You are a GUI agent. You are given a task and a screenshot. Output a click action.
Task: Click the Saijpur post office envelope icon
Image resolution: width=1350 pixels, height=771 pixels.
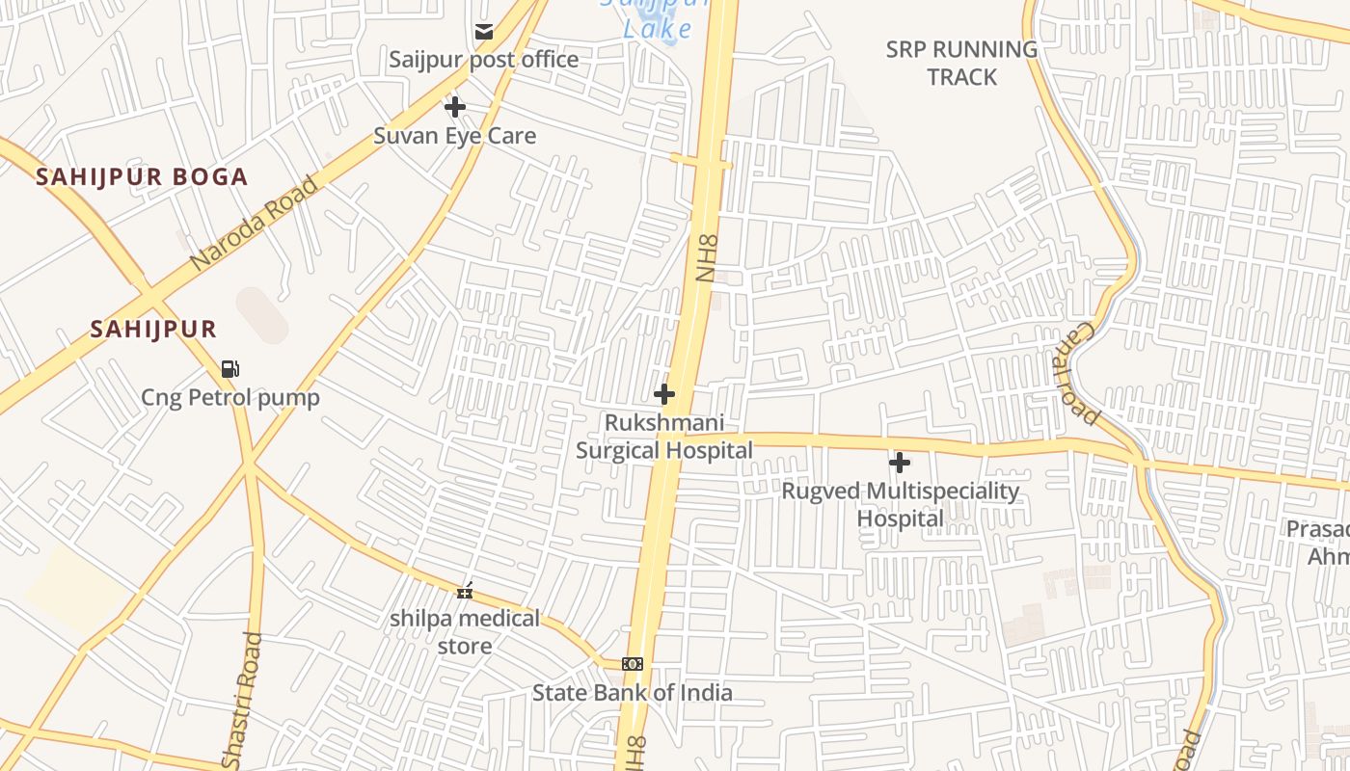click(484, 32)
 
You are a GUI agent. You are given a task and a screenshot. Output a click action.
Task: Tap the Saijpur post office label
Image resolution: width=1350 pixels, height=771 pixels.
click(484, 60)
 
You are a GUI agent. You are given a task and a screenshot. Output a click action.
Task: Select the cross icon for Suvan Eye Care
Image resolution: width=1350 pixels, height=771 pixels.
click(455, 106)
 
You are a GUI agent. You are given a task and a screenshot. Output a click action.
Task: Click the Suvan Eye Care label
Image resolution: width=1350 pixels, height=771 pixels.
click(454, 136)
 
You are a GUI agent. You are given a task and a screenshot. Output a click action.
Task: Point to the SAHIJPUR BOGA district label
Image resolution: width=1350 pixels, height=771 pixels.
click(142, 177)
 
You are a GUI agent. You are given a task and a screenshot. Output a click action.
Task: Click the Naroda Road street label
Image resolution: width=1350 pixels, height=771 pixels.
click(254, 223)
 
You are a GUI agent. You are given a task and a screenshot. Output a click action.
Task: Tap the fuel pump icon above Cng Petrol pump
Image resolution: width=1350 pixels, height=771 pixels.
click(229, 368)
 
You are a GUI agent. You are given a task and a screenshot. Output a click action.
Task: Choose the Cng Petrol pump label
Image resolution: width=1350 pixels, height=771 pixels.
click(230, 397)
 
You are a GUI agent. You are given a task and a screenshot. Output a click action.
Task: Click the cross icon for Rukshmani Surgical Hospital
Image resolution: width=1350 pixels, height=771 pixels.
click(663, 394)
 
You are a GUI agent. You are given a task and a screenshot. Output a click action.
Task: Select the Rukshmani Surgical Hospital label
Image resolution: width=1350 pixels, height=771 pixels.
click(664, 437)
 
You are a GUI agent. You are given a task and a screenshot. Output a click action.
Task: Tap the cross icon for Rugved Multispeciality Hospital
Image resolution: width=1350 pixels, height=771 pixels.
click(900, 463)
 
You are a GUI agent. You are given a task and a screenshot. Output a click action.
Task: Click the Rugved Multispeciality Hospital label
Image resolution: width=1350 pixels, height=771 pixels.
click(900, 505)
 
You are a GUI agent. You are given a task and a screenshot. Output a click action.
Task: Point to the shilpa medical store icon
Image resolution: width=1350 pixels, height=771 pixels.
click(465, 591)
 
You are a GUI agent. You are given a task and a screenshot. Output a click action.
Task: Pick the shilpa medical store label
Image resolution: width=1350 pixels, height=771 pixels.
click(465, 632)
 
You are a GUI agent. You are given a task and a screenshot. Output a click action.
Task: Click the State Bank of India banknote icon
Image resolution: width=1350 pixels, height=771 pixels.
click(633, 664)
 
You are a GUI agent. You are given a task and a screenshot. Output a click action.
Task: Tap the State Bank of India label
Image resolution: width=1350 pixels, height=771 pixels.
click(633, 692)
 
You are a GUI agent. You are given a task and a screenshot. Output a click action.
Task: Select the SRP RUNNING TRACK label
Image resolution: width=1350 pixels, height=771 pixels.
click(961, 63)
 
